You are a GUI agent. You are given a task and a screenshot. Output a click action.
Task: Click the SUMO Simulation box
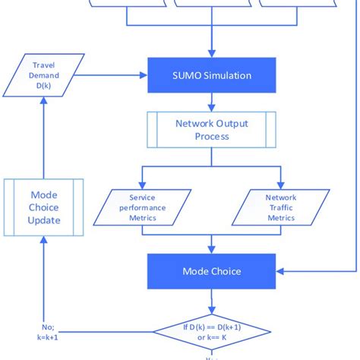pos(210,75)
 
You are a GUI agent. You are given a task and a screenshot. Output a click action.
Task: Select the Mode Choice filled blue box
pos(210,270)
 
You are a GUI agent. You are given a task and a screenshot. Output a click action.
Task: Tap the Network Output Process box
pos(210,130)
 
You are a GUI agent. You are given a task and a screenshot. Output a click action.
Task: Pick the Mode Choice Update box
pos(43,207)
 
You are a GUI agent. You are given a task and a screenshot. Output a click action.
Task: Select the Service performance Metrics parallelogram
pos(143,207)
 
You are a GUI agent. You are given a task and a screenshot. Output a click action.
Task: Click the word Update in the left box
pos(43,221)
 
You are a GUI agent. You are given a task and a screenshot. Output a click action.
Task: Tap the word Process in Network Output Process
pos(210,137)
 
